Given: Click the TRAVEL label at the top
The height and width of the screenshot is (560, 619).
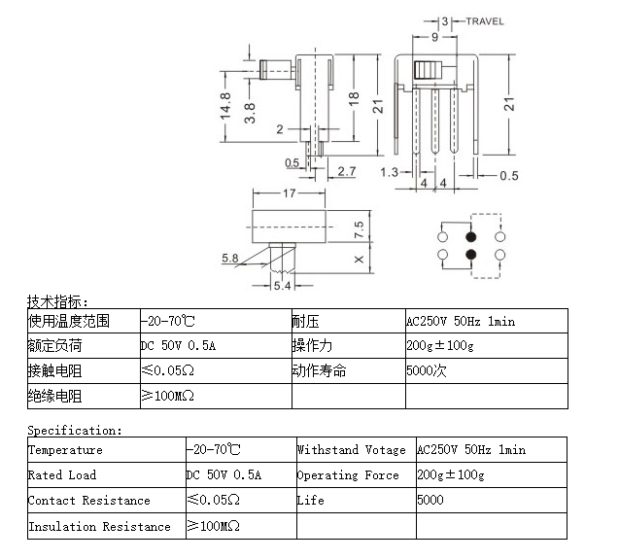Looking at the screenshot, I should pyautogui.click(x=484, y=20).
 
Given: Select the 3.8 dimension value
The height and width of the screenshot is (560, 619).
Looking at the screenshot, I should pyautogui.click(x=250, y=113).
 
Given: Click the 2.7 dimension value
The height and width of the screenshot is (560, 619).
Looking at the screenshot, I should pyautogui.click(x=346, y=171).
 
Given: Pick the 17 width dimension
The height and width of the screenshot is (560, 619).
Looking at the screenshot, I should pyautogui.click(x=289, y=193).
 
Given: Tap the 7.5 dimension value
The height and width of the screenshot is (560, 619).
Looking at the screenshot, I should pyautogui.click(x=359, y=229).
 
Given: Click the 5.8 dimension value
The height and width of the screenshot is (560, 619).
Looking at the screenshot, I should pyautogui.click(x=230, y=258).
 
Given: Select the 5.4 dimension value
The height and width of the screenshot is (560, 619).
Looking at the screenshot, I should pyautogui.click(x=281, y=286).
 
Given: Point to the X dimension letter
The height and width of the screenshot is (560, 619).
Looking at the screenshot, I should pyautogui.click(x=359, y=260).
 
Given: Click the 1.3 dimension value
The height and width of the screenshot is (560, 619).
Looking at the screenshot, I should pyautogui.click(x=389, y=172).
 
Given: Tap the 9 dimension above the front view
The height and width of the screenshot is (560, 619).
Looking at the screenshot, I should pyautogui.click(x=433, y=36).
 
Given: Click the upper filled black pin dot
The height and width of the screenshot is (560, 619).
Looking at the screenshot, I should pyautogui.click(x=471, y=236).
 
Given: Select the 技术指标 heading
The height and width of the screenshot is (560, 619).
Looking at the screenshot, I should pyautogui.click(x=57, y=301).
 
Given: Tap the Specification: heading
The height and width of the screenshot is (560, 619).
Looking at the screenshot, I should pyautogui.click(x=75, y=430).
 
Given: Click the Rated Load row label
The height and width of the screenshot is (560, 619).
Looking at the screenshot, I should pyautogui.click(x=63, y=475).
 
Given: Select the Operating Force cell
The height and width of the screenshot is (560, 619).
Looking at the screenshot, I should pyautogui.click(x=348, y=475).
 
